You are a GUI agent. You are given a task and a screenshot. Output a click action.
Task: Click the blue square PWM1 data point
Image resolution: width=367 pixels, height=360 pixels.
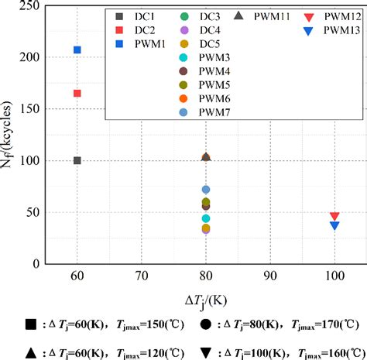(77, 50)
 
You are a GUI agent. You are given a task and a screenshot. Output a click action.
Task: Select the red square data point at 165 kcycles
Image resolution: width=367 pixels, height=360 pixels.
(77, 93)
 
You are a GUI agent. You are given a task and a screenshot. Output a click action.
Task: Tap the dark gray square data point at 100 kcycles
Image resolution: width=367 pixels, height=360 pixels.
(77, 160)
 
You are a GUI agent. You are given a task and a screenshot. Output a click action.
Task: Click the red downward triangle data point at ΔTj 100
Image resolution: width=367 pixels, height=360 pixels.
(334, 217)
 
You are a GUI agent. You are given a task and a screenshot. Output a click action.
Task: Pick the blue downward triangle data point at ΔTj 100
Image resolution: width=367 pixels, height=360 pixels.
(334, 225)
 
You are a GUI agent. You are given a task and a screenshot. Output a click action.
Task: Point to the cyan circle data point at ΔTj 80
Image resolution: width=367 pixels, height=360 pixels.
(206, 218)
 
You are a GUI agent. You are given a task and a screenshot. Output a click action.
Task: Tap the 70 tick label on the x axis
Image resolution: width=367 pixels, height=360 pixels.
(142, 274)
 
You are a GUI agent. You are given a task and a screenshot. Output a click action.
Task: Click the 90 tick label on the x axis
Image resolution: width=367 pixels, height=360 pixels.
(270, 274)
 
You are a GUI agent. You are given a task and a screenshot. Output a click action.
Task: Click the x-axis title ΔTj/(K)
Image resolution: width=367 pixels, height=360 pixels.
(206, 298)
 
